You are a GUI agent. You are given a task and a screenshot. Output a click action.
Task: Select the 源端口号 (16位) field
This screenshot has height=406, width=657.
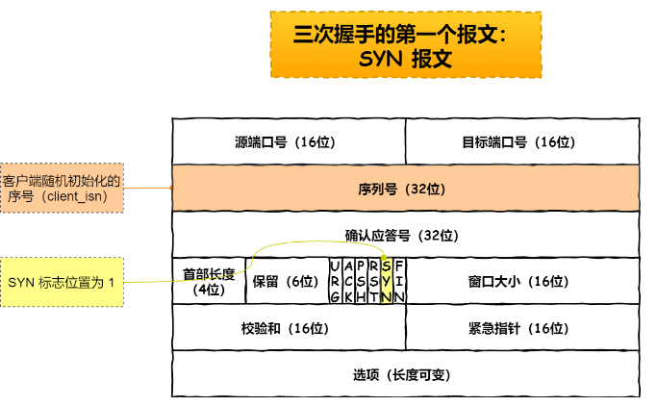point(288,141)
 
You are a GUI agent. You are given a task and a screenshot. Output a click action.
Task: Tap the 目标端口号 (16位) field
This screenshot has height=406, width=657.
point(521,141)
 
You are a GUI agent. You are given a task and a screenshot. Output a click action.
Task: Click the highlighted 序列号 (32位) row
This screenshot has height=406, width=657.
point(404,189)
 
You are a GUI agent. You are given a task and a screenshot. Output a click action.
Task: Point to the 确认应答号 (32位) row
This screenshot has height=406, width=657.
point(404,235)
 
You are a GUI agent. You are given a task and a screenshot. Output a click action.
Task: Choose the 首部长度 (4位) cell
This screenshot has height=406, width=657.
point(209,281)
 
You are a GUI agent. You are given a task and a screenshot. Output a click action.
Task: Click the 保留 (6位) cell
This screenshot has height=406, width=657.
point(286,281)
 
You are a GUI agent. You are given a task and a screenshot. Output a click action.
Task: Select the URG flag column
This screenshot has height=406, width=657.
point(334,281)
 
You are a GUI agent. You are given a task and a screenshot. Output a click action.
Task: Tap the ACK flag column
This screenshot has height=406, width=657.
point(347,281)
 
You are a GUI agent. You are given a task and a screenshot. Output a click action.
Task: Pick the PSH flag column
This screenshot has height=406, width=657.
point(360,281)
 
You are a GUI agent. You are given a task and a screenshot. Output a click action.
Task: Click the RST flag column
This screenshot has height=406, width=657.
point(373,281)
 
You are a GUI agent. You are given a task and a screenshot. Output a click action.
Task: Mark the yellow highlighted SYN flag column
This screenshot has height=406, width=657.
point(386,281)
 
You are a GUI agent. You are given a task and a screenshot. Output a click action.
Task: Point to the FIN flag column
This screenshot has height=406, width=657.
point(399,281)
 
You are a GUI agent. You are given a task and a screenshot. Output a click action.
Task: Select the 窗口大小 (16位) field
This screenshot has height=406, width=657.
point(521,281)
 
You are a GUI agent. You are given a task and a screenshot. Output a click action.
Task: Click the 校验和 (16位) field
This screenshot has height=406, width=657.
point(288,328)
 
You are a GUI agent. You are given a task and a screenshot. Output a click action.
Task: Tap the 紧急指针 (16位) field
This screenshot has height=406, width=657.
point(521,328)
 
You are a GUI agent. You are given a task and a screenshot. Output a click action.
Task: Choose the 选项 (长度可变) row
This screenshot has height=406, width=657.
point(404,374)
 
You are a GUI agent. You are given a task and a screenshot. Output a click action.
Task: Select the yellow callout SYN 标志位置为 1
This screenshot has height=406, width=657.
point(62,282)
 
